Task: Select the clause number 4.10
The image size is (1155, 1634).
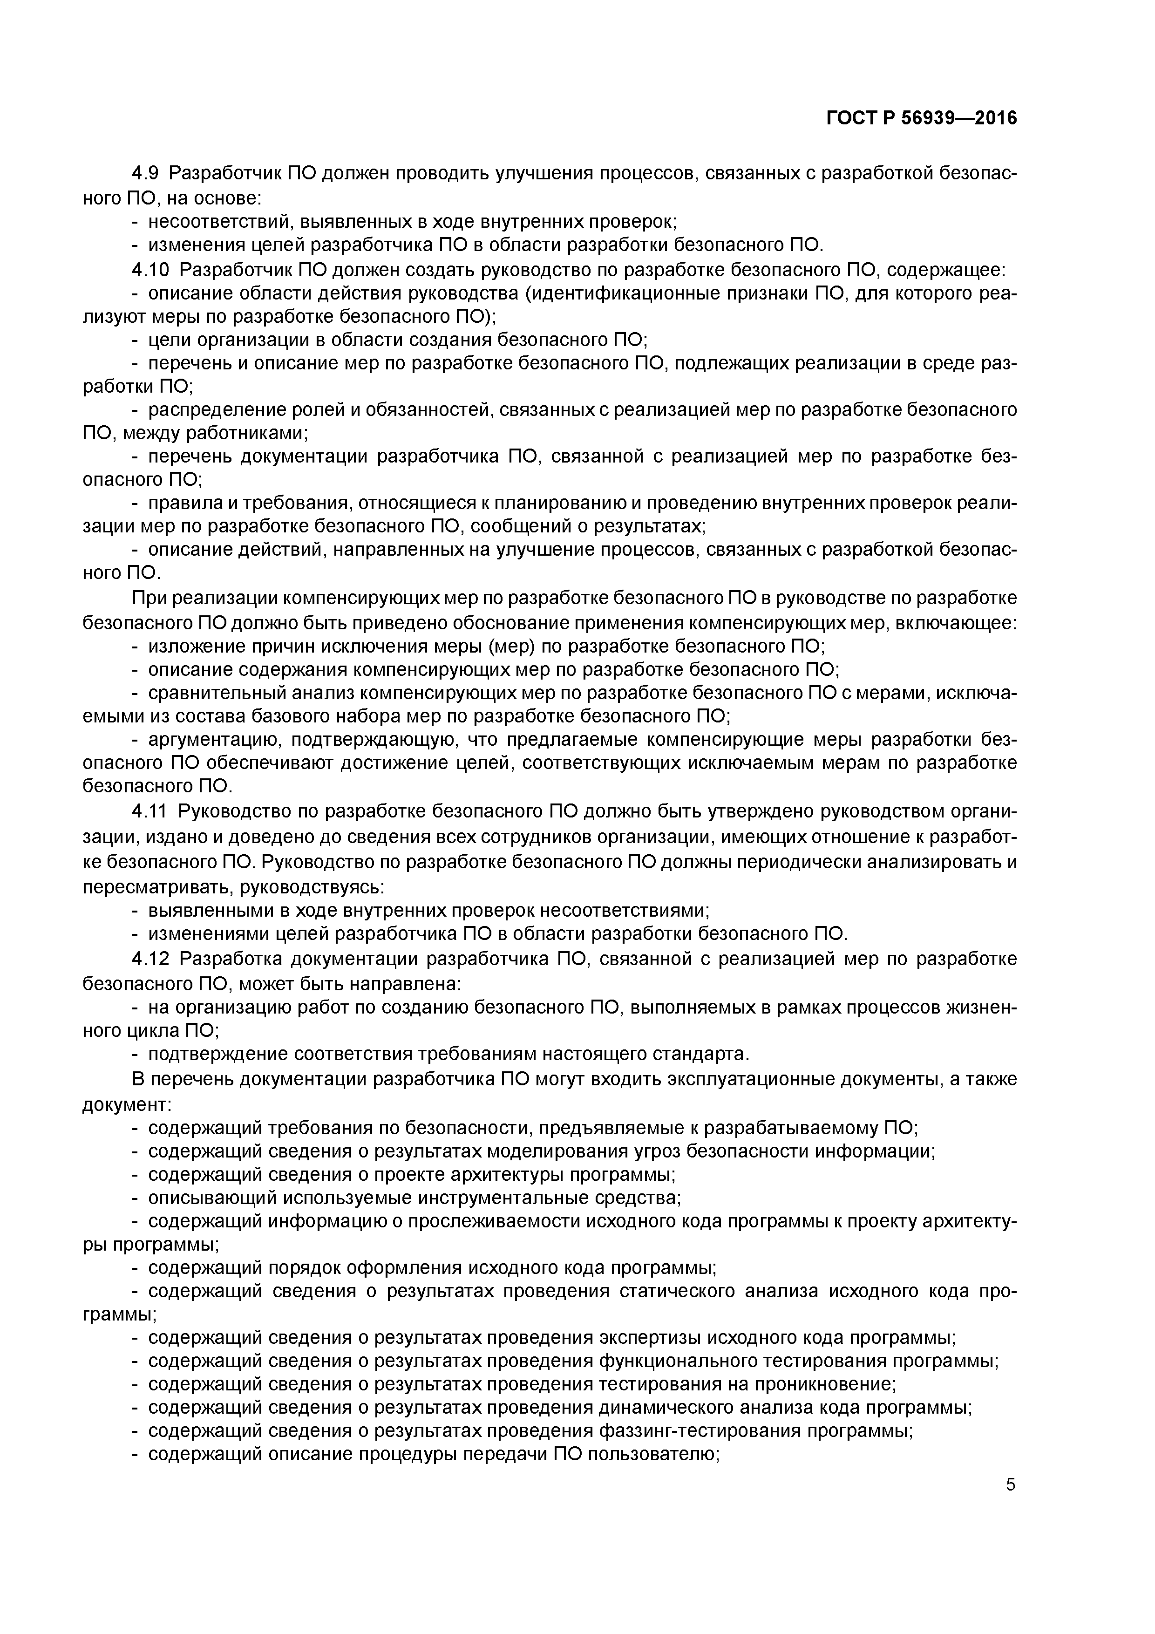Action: point(151,270)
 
